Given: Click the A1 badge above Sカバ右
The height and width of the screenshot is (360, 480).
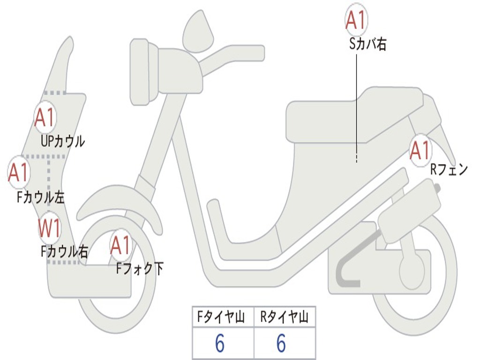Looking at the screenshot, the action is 356,19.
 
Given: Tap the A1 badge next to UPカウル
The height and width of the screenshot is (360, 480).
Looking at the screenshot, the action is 45,119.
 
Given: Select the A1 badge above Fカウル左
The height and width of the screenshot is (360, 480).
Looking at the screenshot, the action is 19,172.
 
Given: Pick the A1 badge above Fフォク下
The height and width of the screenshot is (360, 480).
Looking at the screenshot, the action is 121,245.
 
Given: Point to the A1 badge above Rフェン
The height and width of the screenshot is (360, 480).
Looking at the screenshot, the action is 420,150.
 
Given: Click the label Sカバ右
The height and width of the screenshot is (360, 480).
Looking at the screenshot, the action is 368,45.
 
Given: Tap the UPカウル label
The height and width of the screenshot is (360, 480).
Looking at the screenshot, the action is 63,141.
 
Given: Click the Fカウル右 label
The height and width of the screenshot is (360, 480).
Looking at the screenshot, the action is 64,252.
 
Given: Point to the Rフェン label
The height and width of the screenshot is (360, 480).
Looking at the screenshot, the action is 449,170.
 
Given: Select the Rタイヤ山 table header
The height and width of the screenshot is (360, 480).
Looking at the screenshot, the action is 284,318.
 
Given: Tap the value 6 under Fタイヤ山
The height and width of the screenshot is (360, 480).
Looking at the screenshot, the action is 220,344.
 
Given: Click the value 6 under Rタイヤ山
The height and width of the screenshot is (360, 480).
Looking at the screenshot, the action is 281,344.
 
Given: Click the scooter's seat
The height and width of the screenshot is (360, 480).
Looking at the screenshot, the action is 352,115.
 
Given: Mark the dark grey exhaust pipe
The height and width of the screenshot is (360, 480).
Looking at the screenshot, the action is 347,274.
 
